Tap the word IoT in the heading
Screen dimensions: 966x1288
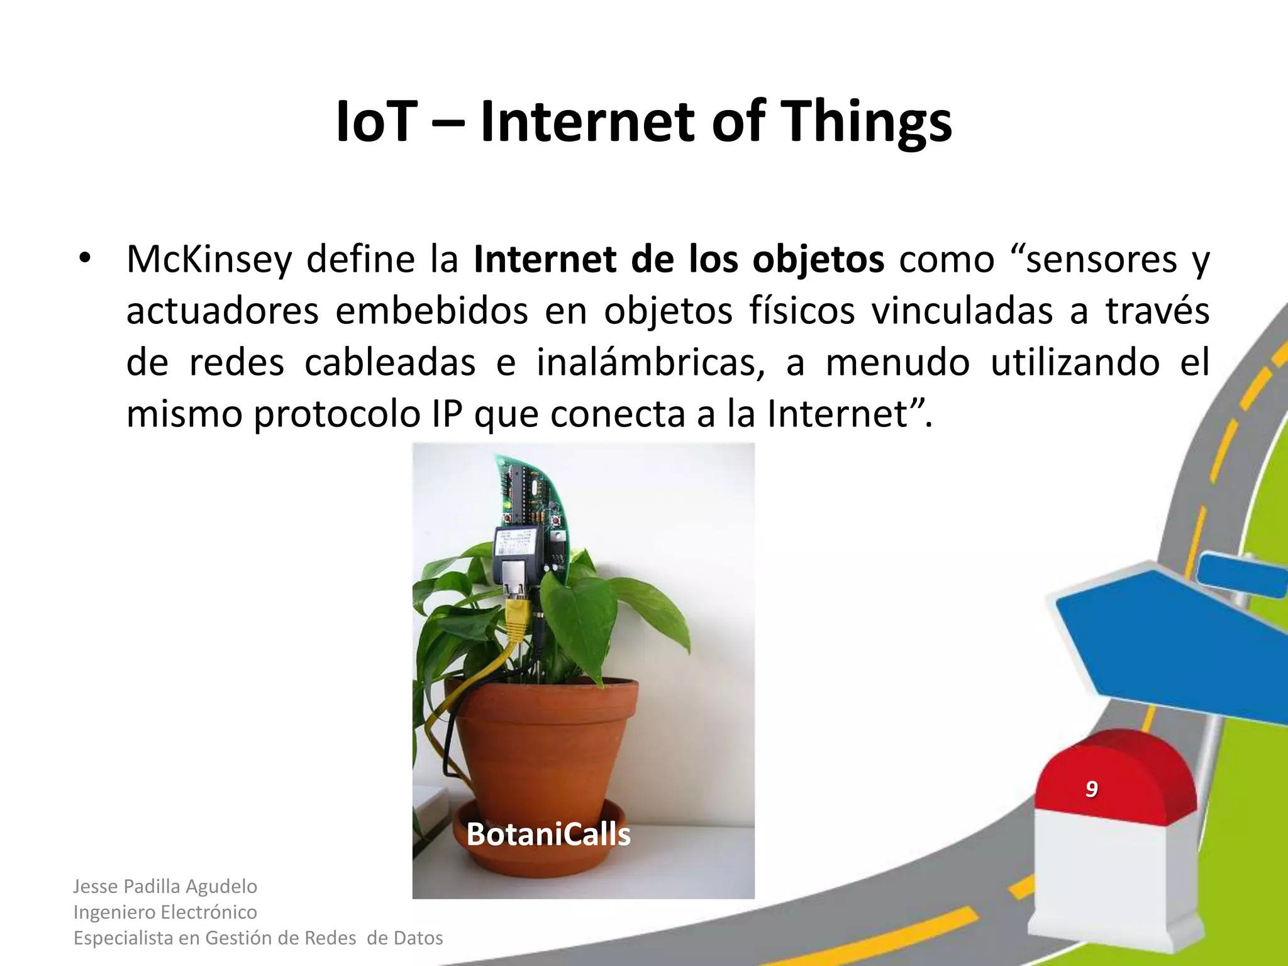(x=376, y=122)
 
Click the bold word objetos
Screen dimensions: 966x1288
(x=818, y=260)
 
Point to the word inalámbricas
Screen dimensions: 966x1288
(x=651, y=363)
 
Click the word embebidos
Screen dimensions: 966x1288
(x=431, y=311)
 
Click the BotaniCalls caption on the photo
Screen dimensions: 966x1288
(x=548, y=835)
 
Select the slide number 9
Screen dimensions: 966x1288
(x=1091, y=789)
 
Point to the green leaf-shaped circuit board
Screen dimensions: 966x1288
(x=535, y=497)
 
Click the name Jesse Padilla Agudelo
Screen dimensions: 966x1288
(x=165, y=886)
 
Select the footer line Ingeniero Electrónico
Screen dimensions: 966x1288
(x=165, y=912)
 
